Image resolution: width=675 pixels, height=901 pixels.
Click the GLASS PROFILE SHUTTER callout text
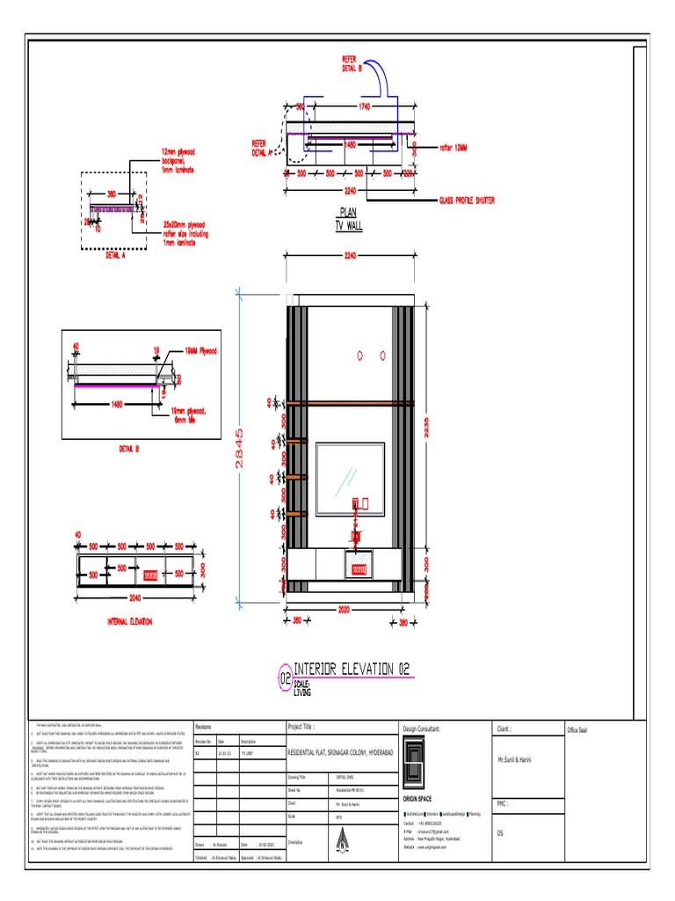467,201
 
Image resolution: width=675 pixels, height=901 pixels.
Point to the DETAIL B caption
129,450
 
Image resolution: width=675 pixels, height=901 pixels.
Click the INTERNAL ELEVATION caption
129,621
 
